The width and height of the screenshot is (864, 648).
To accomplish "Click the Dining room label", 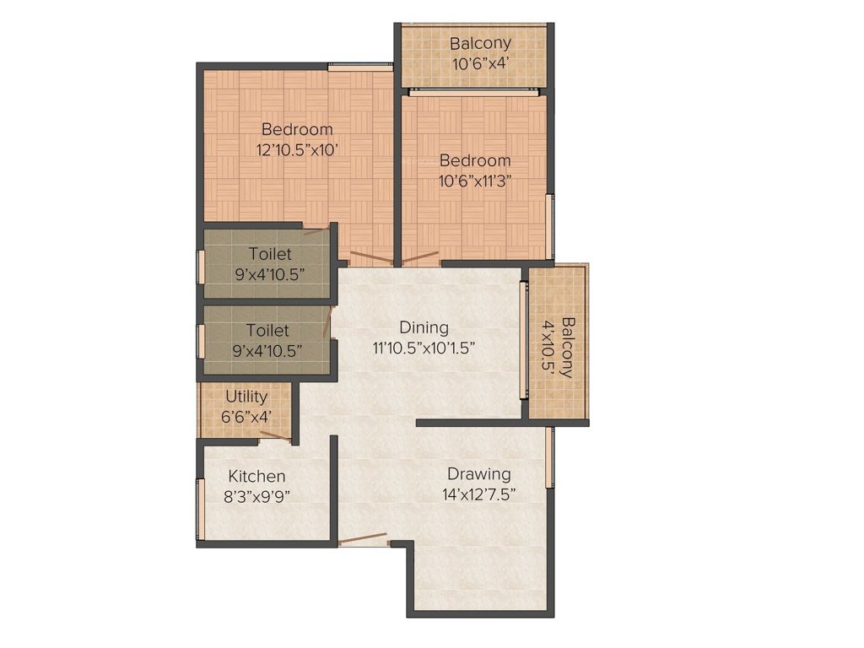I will coord(424,327).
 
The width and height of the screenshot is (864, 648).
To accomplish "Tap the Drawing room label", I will coord(478,473).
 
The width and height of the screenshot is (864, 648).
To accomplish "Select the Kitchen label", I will coord(256,477).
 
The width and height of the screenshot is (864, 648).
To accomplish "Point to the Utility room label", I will coord(246,397).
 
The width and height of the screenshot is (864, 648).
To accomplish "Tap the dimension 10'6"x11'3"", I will coord(475,180).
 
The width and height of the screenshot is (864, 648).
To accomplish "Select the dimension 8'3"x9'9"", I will coord(256,497).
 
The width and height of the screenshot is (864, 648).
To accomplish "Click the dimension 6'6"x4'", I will coord(246,416).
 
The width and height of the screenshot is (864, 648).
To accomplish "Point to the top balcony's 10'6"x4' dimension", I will coord(480,62).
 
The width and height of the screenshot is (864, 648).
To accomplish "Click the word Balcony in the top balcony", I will coord(480,43).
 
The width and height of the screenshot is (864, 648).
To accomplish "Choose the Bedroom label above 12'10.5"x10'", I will coord(297,130).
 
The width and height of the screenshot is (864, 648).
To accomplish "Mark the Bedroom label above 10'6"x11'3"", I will coord(475,160).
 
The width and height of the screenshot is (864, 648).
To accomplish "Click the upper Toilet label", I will coord(269,254).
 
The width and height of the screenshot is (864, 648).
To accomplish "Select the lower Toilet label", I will coord(267,331).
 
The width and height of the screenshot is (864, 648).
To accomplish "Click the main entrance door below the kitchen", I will coord(363,539).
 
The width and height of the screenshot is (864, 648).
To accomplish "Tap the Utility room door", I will coord(275,436).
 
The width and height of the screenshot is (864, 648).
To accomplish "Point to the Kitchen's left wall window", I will coord(201,509).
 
